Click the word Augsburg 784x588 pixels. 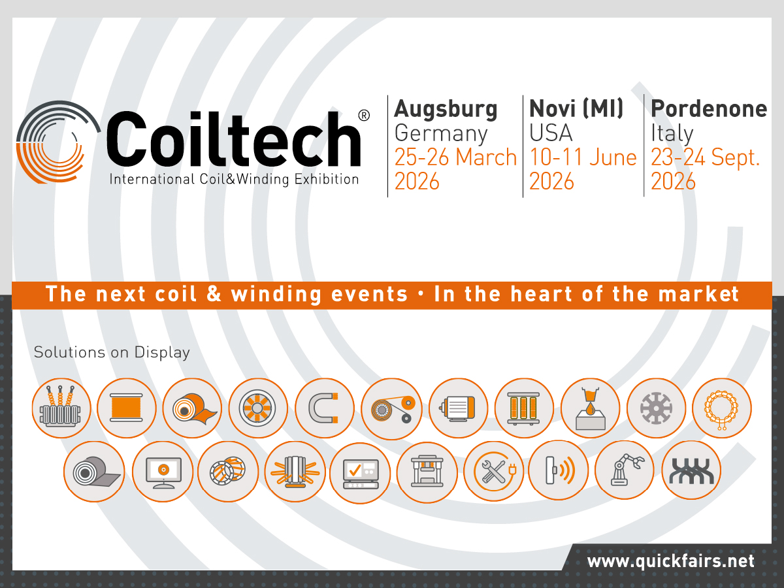coord(446,109)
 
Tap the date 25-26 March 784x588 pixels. coord(455,157)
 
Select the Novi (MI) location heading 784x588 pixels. coord(576,108)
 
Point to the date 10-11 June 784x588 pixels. coord(583,157)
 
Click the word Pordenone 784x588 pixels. coord(709,108)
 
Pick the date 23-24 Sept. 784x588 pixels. coord(706,157)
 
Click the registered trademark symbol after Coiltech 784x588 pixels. coord(364,115)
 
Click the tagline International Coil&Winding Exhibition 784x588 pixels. coord(234,179)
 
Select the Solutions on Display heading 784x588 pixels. coord(112,352)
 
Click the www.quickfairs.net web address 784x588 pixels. coord(670,561)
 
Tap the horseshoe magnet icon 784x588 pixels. coord(325,408)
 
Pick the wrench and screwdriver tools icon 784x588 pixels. coord(493,471)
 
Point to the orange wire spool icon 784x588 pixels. coord(126,408)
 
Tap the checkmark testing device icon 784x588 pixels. coord(360,471)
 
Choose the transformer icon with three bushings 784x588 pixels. coord(60,408)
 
